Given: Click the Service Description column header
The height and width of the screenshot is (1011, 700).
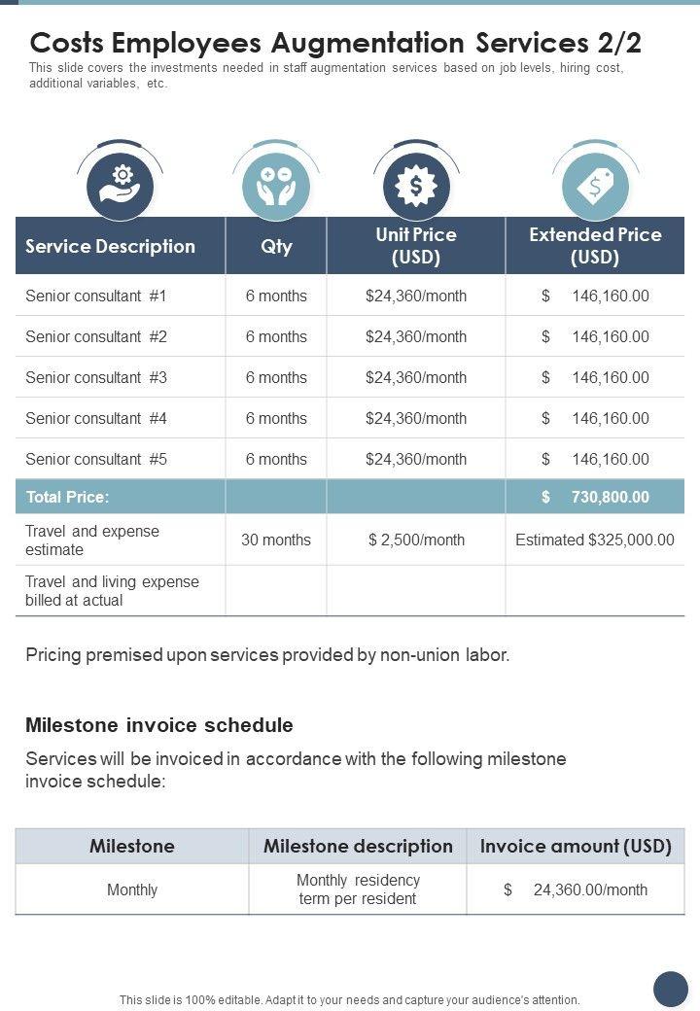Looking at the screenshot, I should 110,246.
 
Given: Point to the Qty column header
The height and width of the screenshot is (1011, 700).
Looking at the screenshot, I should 276,246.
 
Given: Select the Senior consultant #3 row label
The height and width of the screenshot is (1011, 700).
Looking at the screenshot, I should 96,377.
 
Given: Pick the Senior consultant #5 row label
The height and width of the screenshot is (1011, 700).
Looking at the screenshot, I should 96,459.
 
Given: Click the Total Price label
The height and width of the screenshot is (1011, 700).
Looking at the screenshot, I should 67,497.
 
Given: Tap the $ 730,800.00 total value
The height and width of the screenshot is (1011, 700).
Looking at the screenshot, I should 595,497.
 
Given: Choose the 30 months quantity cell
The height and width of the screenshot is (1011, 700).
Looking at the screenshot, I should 276,540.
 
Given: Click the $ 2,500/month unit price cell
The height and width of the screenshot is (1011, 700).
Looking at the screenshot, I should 416,540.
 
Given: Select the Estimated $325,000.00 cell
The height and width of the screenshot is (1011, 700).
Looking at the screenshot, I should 595,540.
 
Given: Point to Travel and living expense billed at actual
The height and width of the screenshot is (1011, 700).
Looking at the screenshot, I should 112,590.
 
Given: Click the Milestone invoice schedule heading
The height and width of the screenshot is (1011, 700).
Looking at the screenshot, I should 158,725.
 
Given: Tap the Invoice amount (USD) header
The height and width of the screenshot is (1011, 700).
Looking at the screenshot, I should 576,846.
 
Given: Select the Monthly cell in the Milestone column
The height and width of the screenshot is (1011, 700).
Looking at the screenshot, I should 132,889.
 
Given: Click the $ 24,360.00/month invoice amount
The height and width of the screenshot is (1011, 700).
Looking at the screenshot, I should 576,889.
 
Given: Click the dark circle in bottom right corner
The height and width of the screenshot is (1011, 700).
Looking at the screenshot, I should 670,988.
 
